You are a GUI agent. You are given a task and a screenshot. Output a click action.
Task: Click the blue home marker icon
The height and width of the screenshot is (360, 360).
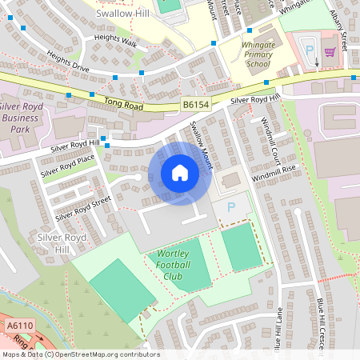tap(179, 173)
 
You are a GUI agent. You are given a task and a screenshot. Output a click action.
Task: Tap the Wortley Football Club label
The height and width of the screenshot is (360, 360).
tap(170, 266)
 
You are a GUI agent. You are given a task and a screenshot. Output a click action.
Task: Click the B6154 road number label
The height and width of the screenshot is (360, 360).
tap(195, 104)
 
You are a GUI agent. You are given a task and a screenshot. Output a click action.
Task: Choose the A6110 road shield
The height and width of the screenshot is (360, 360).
tap(17, 326)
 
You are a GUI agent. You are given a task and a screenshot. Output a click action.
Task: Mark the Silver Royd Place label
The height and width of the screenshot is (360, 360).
tap(68, 165)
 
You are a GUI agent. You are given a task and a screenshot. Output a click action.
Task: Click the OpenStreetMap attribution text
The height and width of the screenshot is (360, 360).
tap(80, 354)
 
